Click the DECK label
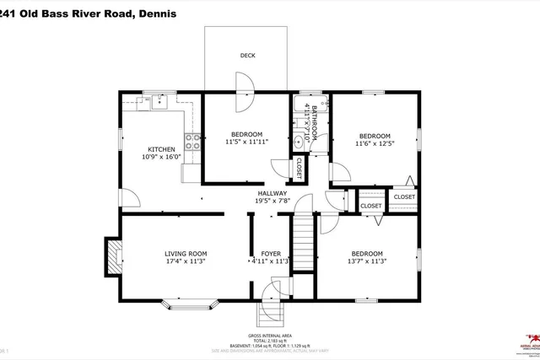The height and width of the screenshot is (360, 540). [247, 56]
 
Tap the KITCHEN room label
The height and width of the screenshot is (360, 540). [161, 149]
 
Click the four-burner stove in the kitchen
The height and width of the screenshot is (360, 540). [192, 142]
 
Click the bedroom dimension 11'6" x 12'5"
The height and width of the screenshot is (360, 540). [375, 144]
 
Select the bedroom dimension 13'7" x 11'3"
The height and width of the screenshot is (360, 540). [367, 261]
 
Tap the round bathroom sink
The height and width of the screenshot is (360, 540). [299, 142]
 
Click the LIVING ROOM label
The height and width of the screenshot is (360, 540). [186, 253]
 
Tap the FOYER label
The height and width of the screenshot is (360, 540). [270, 253]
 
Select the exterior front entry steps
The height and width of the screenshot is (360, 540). [270, 314]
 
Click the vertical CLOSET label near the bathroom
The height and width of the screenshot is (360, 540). [299, 168]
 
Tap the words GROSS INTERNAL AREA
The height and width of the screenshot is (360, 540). [270, 335]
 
